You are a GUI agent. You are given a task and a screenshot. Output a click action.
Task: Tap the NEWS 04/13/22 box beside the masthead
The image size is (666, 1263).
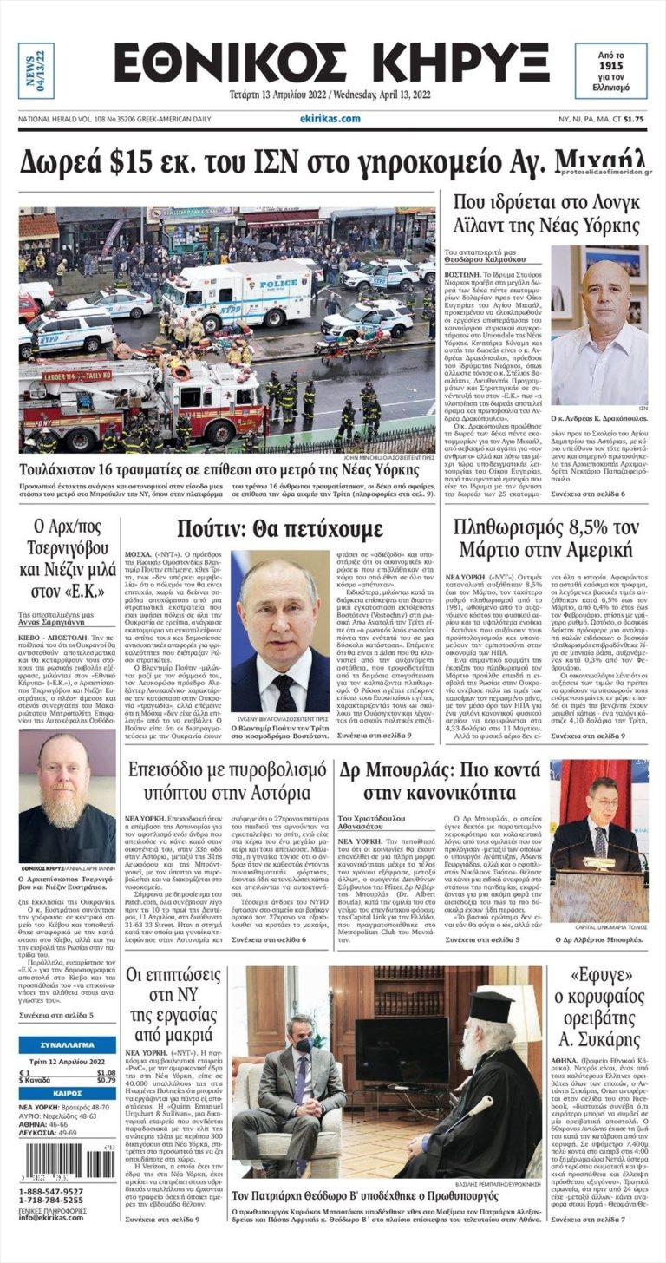click(36, 69)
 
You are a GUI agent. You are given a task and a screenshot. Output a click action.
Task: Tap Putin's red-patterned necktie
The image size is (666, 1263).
click(284, 694)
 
